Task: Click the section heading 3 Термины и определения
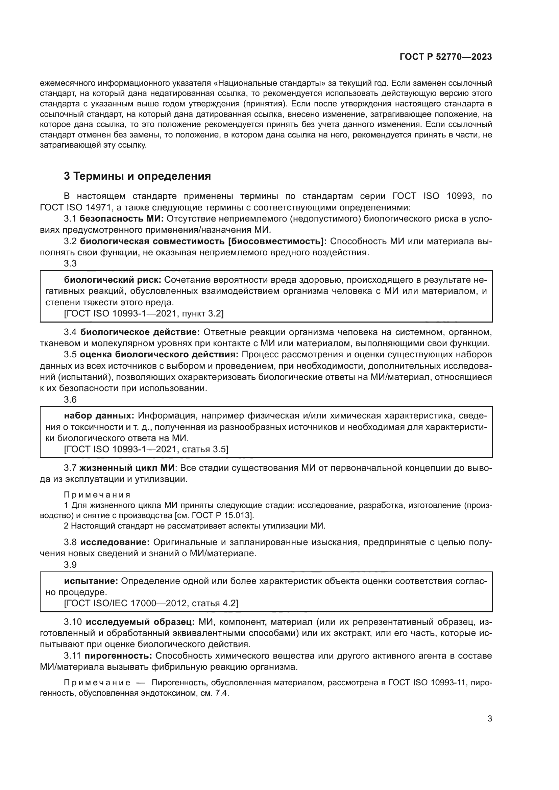137,176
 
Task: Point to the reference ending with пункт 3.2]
144,313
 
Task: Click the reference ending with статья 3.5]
146,449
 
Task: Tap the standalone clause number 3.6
70,400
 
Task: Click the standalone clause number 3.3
70,263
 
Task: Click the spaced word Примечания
97,495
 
